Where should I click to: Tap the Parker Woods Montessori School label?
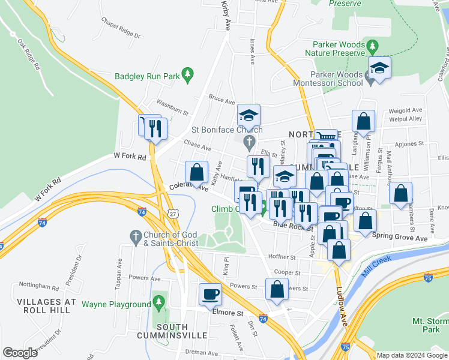tap(329, 79)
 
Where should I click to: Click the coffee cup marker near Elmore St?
tap(211, 293)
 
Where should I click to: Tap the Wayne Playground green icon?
tap(158, 300)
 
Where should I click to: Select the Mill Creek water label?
tap(377, 266)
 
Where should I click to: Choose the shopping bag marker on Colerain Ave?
tap(196, 172)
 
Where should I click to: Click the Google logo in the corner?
tap(20, 353)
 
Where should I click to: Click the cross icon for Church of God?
tap(135, 235)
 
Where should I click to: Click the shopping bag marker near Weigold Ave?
tap(363, 121)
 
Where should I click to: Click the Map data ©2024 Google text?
tap(412, 355)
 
